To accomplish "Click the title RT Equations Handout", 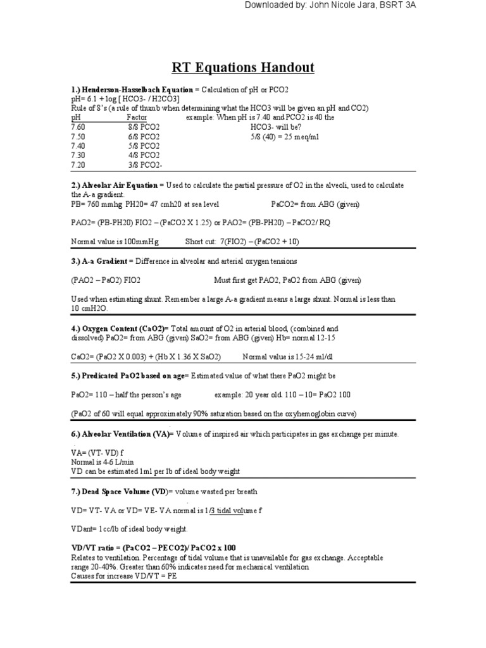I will (x=243, y=67).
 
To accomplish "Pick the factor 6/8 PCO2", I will (x=143, y=136).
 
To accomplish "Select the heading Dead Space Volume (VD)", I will (x=120, y=491).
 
